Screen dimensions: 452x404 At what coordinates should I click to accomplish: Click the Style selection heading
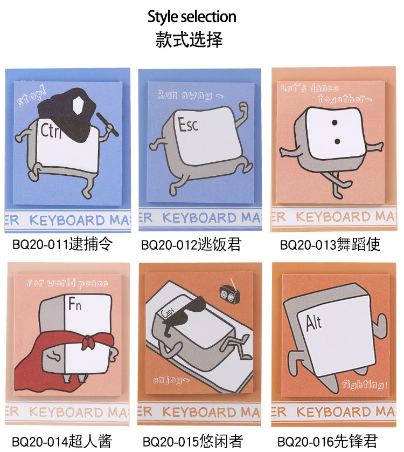tap(192, 17)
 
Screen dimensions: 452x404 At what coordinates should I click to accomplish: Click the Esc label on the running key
tap(189, 125)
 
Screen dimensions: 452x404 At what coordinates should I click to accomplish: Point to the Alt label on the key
tap(314, 323)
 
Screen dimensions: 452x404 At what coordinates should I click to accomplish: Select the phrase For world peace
tap(68, 284)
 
